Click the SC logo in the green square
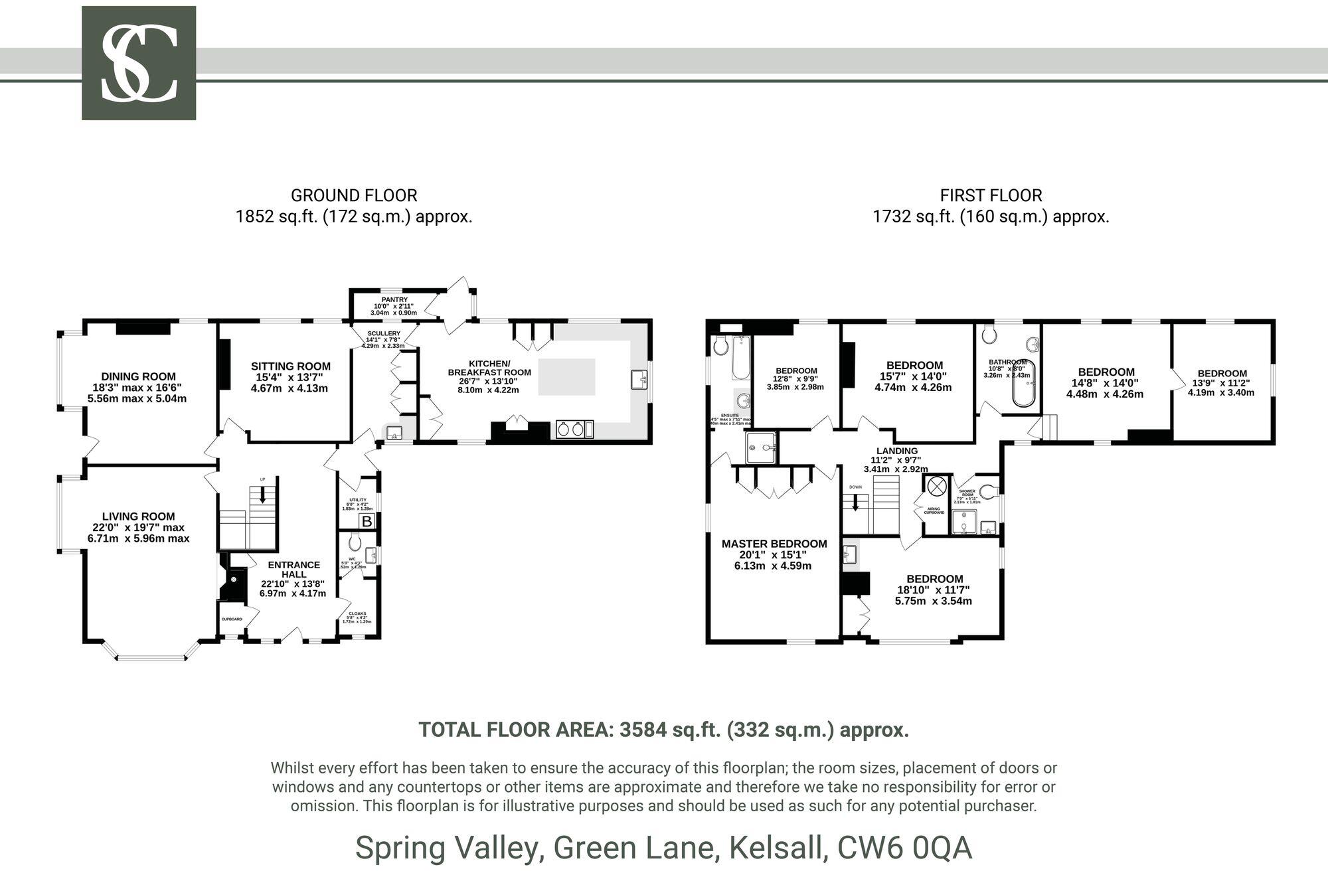pyautogui.click(x=139, y=63)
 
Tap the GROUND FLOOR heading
pyautogui.click(x=354, y=196)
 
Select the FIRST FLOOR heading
pyautogui.click(x=991, y=196)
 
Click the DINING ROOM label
pyautogui.click(x=138, y=376)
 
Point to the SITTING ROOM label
pyautogui.click(x=290, y=366)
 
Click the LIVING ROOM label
pyautogui.click(x=138, y=516)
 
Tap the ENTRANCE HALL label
pyautogui.click(x=293, y=569)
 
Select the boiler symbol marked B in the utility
pyautogui.click(x=367, y=522)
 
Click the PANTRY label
pyautogui.click(x=394, y=300)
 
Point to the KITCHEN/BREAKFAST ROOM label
pyautogui.click(x=489, y=368)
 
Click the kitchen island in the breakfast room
pyautogui.click(x=566, y=376)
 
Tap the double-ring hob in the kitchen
pyautogui.click(x=571, y=430)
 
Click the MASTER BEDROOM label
pyautogui.click(x=774, y=544)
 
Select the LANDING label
pyautogui.click(x=896, y=451)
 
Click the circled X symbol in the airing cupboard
pyautogui.click(x=937, y=486)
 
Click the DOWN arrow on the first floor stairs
pyautogui.click(x=855, y=503)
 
